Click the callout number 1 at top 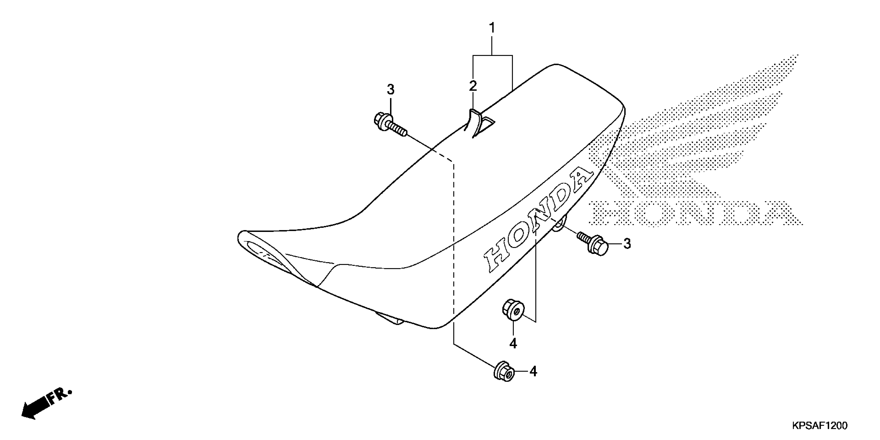point(492,28)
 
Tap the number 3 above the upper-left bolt point(391,90)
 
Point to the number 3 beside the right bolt point(627,244)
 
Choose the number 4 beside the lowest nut point(533,371)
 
